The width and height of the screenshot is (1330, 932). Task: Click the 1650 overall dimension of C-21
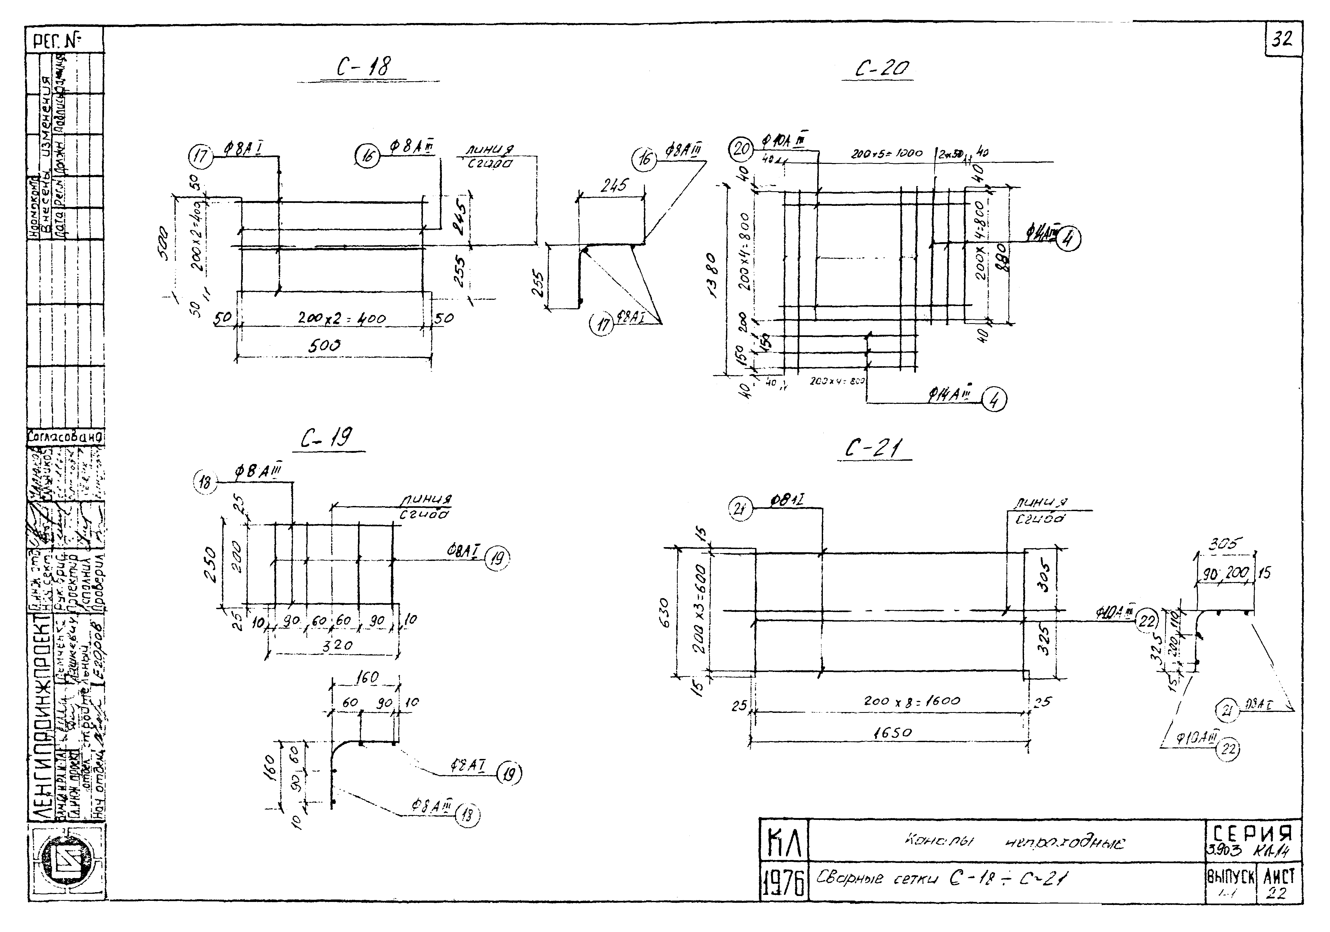pyautogui.click(x=892, y=733)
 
